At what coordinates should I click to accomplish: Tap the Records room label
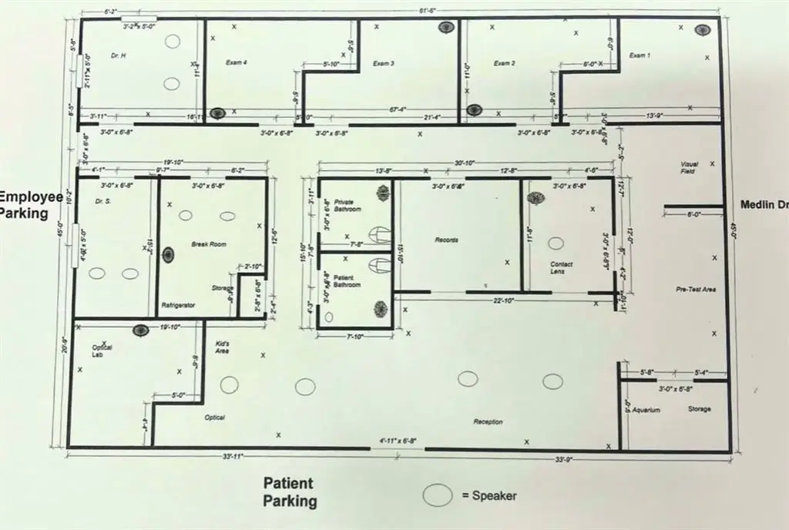[446, 240]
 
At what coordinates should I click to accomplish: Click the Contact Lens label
[561, 268]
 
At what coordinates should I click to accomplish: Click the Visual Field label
[688, 167]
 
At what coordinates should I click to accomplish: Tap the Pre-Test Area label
[697, 290]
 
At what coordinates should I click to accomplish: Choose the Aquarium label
[647, 410]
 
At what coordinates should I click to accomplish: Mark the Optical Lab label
[102, 351]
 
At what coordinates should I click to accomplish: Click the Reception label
[489, 421]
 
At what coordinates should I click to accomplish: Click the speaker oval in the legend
[438, 496]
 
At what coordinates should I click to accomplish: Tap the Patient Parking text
[290, 492]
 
